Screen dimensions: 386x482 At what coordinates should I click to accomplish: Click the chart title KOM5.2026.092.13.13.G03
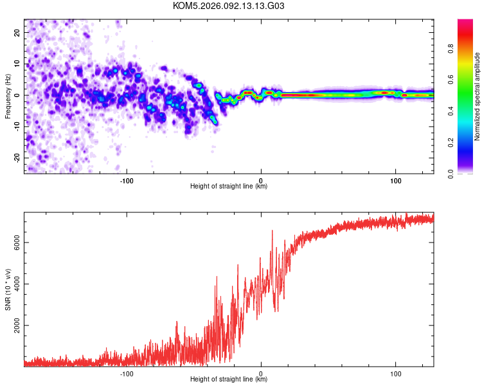point(229,6)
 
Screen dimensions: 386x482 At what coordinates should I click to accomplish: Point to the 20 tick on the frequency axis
point(17,32)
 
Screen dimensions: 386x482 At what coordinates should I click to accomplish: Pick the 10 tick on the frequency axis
point(17,64)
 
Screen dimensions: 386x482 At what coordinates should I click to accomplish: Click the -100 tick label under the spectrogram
point(127,179)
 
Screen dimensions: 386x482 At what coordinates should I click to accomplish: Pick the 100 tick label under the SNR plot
point(396,372)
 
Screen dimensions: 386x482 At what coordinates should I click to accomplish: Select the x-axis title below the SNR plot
point(229,380)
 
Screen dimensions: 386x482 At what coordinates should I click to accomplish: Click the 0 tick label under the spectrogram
point(261,179)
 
